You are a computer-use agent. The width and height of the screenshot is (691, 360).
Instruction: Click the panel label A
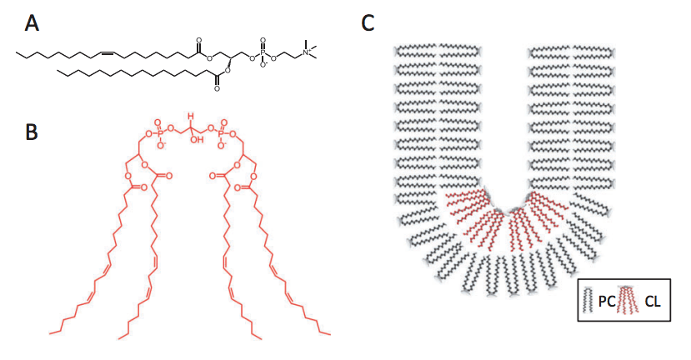[x=33, y=24]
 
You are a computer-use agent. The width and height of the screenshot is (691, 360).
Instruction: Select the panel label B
[x=33, y=132]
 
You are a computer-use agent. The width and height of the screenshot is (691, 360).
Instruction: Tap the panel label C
[x=368, y=22]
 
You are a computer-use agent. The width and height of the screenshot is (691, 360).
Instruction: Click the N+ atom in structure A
[x=307, y=53]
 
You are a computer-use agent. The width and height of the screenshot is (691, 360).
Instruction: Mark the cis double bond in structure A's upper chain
[x=107, y=53]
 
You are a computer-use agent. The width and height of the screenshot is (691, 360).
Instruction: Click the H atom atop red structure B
[x=190, y=116]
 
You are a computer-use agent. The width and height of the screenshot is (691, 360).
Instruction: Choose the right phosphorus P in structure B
[x=223, y=130]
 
